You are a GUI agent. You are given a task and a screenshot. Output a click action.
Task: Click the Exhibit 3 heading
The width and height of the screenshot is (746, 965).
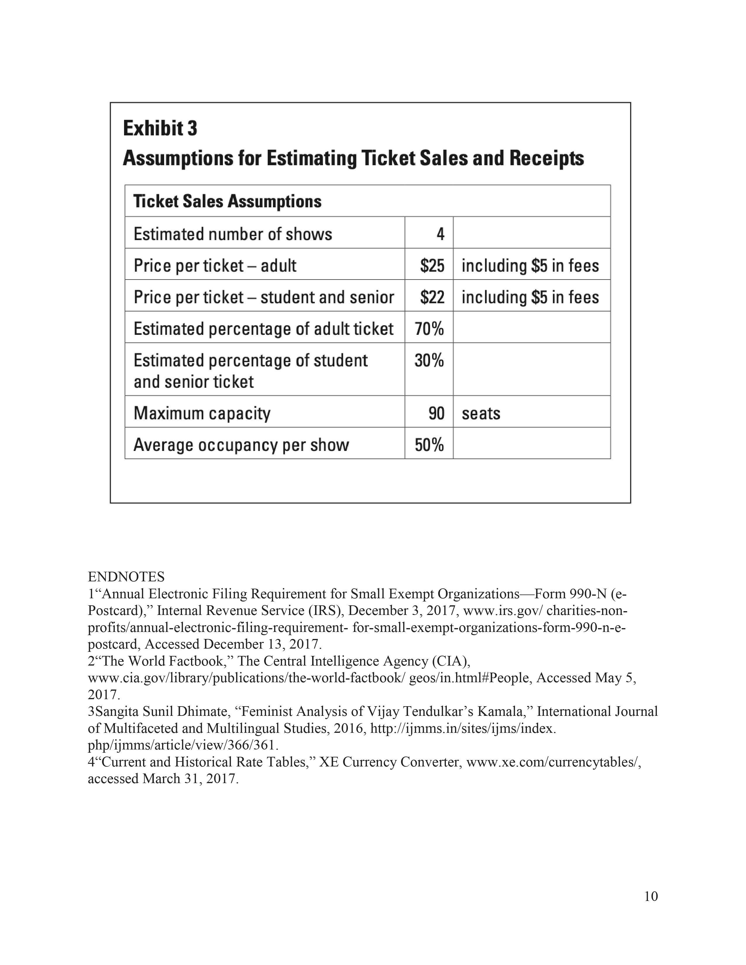160,129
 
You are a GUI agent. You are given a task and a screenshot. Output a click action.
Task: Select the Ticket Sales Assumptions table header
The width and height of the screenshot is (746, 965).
227,201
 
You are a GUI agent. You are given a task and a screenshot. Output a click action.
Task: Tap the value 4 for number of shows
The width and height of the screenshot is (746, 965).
440,234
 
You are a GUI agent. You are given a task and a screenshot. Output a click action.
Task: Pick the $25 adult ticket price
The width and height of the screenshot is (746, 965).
432,266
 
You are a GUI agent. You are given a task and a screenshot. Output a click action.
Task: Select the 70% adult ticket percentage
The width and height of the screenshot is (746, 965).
429,329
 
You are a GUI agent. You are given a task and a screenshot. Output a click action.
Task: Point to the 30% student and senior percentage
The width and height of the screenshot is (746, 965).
429,361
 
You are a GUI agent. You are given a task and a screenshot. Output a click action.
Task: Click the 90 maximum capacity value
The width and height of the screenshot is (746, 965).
436,413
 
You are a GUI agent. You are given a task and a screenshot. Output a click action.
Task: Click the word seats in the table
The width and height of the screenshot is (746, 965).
481,413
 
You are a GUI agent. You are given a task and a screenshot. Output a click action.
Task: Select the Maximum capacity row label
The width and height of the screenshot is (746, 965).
202,413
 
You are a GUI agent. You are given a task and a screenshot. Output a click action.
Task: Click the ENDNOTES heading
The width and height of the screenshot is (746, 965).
126,577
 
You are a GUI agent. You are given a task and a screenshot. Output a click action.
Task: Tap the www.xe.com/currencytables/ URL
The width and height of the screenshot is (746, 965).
553,762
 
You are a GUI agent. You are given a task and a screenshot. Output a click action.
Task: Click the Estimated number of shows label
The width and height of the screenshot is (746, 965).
233,234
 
